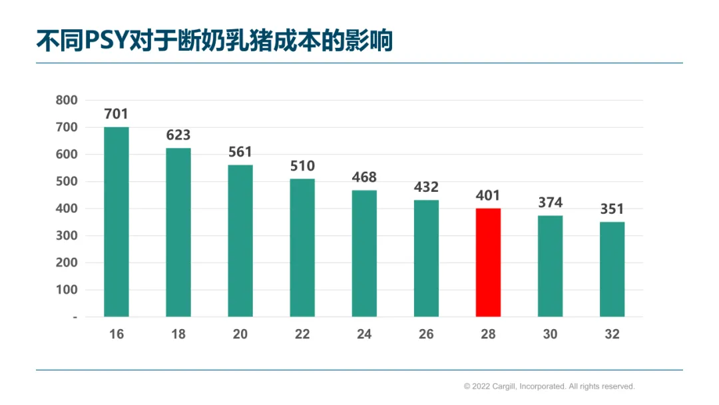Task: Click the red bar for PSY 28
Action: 488,262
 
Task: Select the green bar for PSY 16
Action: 116,222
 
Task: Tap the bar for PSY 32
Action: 612,269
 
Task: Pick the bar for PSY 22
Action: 302,248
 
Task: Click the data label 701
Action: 116,114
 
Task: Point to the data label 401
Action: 488,195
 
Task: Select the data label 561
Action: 240,152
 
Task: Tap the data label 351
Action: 612,209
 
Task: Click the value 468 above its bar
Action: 364,177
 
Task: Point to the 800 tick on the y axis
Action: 67,100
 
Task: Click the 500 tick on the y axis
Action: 67,181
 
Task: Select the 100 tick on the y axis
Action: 67,289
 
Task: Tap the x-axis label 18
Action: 178,334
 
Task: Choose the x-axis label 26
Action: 426,334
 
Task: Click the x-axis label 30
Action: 551,334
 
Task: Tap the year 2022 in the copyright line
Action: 481,386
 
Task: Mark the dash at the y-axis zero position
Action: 75,317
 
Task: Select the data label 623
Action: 178,135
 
